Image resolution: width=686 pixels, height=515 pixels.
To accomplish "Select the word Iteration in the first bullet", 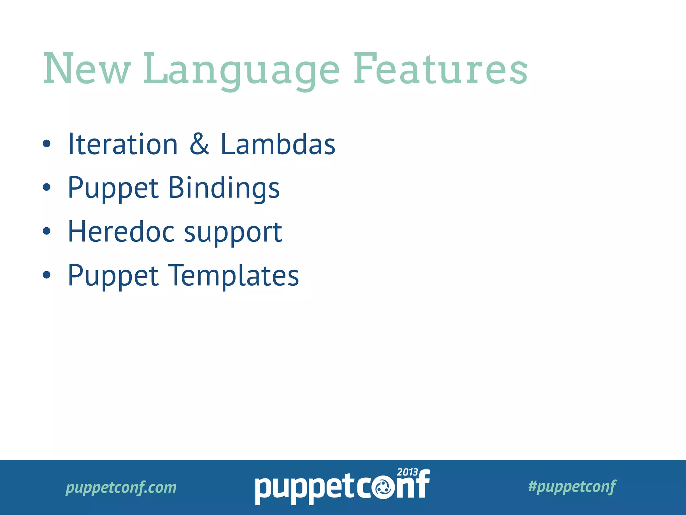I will pos(123,144).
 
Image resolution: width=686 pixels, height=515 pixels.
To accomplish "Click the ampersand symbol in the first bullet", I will pos(199,144).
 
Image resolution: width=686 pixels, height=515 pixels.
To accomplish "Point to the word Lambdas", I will pos(278,144).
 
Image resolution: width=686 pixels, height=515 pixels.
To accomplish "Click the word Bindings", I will pos(223,188).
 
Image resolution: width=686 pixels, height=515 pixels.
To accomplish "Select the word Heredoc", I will pos(121,232).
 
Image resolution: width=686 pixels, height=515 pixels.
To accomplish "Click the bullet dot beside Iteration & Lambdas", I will pos(47,144).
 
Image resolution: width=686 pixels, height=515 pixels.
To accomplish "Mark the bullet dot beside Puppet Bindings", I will pos(47,187).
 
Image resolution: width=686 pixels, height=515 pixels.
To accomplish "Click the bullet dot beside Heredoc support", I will pos(47,231).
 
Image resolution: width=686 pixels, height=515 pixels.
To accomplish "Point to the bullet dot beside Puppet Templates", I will pos(47,275).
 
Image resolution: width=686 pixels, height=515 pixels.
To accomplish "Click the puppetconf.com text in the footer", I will pos(121,488).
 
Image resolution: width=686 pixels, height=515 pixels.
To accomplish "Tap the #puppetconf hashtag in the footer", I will pos(572,487).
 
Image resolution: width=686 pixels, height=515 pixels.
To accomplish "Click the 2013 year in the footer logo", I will pos(407,472).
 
